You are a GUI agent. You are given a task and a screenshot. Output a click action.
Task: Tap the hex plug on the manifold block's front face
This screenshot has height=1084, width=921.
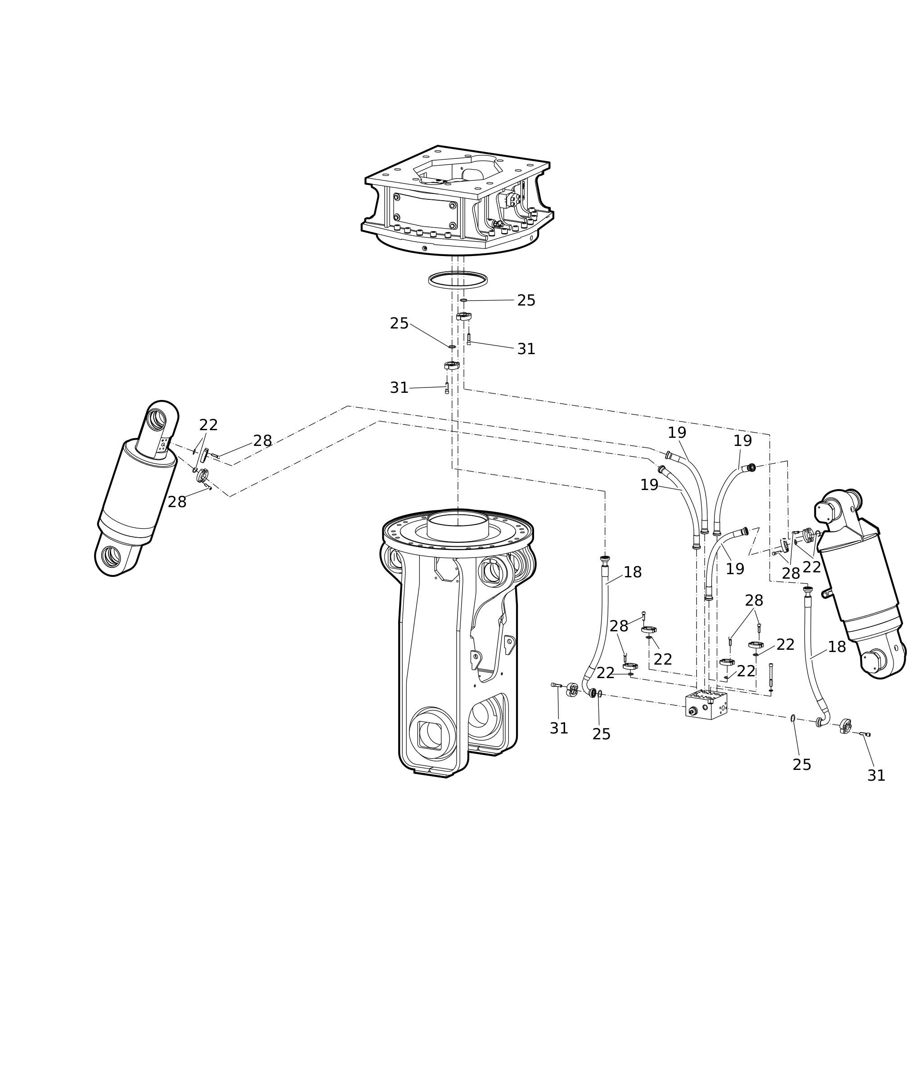693,711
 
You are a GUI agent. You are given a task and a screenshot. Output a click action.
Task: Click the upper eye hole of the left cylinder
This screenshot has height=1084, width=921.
156,420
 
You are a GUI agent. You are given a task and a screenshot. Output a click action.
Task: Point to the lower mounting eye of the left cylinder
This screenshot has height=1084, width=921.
111,557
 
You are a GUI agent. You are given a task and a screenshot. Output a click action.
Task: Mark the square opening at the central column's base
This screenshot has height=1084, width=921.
430,735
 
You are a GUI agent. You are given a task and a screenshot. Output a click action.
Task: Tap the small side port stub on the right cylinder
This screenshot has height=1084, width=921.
827,594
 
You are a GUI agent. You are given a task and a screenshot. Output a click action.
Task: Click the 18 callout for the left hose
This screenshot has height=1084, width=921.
632,572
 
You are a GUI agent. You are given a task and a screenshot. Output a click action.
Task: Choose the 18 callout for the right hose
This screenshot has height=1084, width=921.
836,647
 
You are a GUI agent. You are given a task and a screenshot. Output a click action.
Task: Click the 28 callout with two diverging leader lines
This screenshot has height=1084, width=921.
754,600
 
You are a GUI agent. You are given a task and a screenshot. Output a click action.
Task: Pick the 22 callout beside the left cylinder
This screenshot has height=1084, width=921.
208,425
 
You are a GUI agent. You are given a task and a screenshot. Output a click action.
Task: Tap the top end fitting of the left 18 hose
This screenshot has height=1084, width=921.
605,559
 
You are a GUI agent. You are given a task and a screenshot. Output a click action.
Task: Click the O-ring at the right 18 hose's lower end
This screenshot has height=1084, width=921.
793,719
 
